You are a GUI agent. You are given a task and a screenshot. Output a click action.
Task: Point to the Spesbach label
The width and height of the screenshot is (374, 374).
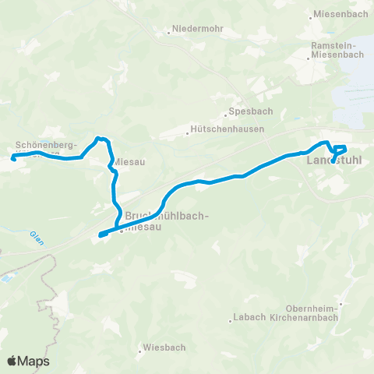[x=243, y=111]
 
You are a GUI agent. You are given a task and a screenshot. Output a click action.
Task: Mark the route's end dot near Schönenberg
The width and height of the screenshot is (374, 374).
[x=13, y=159]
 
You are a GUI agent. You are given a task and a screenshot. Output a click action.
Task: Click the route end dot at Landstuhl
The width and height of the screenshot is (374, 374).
[x=333, y=161]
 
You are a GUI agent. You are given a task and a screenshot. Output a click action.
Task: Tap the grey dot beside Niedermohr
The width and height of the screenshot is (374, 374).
[x=168, y=33]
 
